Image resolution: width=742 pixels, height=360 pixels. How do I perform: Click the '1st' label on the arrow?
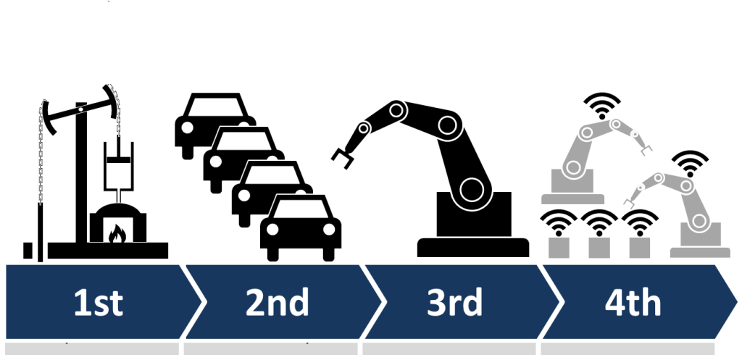point(99,303)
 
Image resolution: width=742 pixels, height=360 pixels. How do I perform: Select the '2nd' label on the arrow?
point(277,303)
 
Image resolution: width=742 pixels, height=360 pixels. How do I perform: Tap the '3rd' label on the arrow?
point(455,303)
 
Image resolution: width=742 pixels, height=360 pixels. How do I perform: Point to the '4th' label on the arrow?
point(633,303)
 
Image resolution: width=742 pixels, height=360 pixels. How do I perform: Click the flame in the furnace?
point(115,233)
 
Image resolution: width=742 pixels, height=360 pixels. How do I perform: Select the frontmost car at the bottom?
point(301,227)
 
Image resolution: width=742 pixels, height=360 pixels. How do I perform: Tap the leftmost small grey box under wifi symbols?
point(558,247)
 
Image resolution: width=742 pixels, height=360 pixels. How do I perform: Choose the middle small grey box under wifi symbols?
point(599,247)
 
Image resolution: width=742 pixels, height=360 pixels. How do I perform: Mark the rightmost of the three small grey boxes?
point(639,247)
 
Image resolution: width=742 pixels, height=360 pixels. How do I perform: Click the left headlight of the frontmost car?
point(273,230)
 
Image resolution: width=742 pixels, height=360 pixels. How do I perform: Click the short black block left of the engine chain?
point(28,251)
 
